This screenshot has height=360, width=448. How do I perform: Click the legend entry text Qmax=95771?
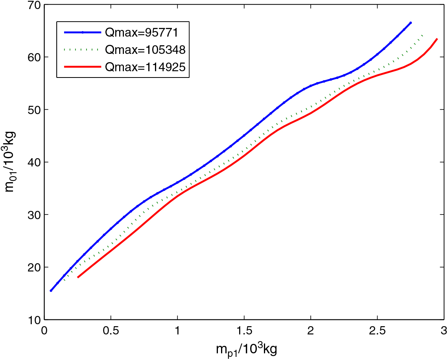click(145, 32)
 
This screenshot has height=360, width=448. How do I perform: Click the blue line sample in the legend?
click(83, 32)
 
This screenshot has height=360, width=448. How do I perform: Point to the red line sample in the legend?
click(83, 67)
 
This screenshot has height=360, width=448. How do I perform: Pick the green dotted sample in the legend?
click(83, 50)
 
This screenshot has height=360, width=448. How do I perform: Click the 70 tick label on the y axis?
click(33, 5)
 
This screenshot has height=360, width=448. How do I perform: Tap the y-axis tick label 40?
click(33, 162)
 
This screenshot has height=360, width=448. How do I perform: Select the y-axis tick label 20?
click(33, 267)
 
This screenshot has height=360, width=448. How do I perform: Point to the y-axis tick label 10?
click(33, 319)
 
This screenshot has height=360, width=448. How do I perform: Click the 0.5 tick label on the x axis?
click(111, 329)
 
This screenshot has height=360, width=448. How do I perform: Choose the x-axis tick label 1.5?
click(244, 329)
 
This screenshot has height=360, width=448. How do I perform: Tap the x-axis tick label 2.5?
click(377, 329)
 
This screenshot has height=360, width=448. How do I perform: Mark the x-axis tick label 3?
click(443, 329)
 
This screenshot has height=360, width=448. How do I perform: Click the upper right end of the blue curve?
click(410, 23)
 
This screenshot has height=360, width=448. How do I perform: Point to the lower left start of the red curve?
click(78, 277)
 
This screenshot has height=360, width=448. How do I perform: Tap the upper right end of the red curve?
click(437, 39)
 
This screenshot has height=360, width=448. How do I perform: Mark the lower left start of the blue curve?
click(51, 290)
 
